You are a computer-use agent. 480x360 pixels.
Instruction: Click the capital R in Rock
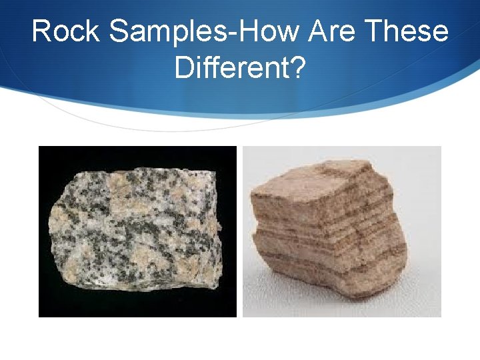41,31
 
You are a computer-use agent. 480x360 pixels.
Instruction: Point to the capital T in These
372,31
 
